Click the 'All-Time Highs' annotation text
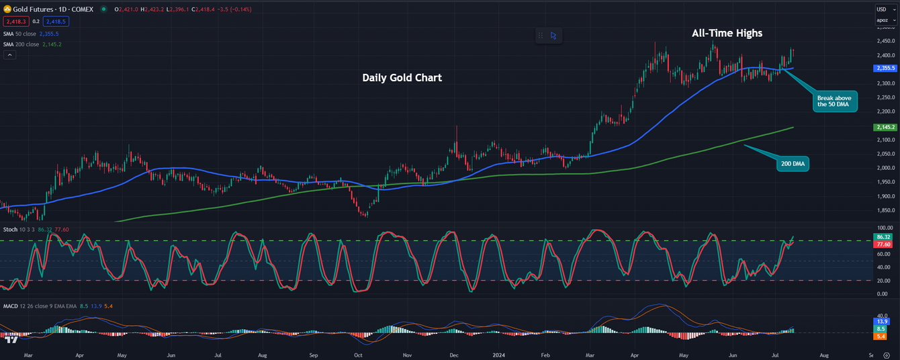tap(727, 33)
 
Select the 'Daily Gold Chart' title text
tap(402, 78)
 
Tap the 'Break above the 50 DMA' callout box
tap(835, 101)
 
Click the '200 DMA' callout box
tap(793, 163)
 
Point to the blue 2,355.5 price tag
tap(886, 69)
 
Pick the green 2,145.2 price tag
tap(886, 128)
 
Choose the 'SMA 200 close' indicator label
tap(23, 44)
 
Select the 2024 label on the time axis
tap(499, 354)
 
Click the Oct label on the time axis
tap(358, 354)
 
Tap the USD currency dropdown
tap(886, 9)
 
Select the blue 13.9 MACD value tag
tap(883, 322)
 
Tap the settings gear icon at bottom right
tap(887, 355)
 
